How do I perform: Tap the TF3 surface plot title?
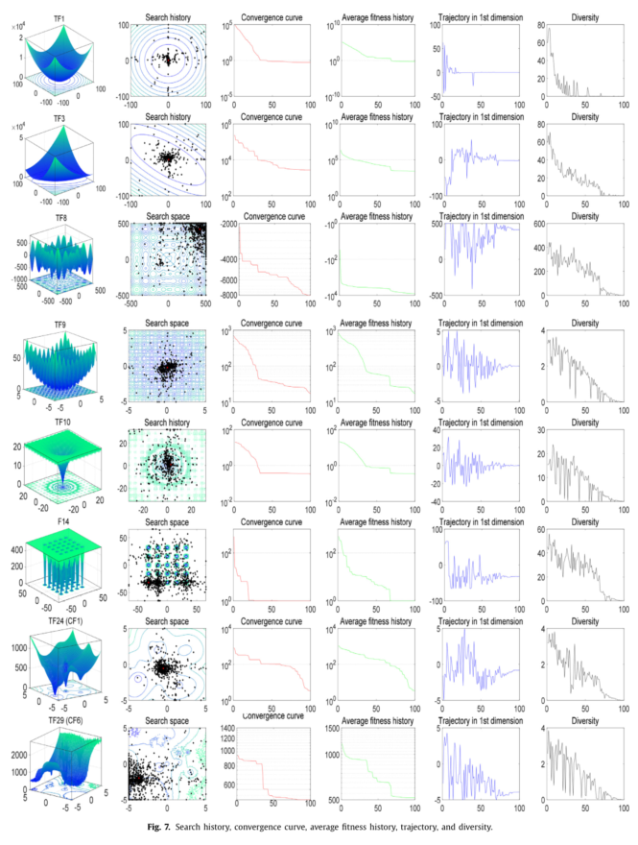pyautogui.click(x=59, y=121)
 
